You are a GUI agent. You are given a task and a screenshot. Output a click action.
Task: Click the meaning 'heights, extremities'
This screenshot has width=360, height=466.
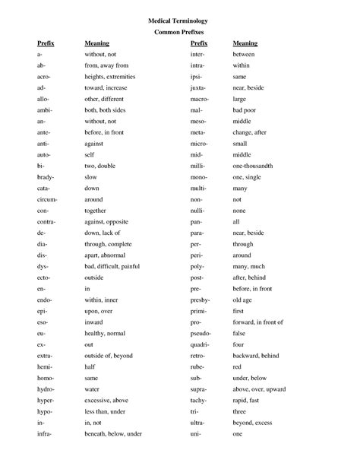[112, 77]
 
